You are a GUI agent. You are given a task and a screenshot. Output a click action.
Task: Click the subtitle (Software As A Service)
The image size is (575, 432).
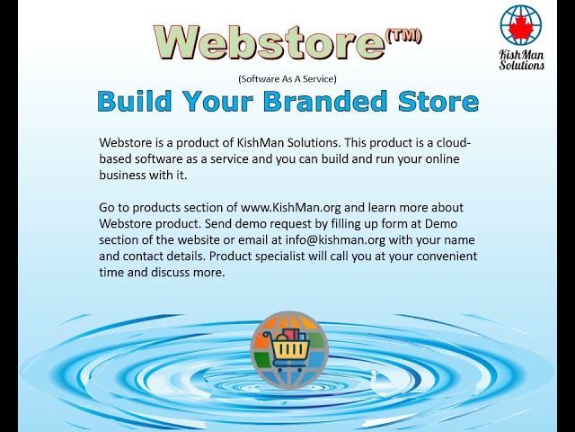(287, 79)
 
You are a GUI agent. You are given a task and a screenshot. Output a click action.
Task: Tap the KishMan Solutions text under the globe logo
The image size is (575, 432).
(522, 59)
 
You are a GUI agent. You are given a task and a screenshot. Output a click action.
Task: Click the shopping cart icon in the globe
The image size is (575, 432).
(288, 345)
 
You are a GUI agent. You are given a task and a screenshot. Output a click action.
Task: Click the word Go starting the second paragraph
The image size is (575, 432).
(108, 208)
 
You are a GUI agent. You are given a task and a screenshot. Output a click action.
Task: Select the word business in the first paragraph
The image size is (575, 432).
(124, 175)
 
